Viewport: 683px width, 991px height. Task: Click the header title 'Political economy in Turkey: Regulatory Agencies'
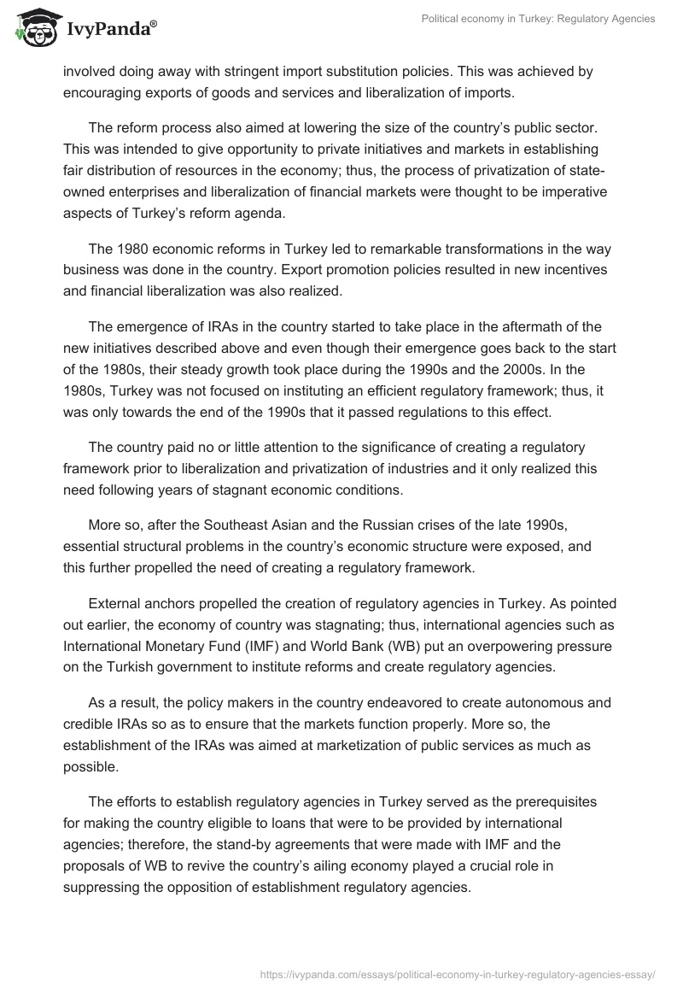tap(539, 19)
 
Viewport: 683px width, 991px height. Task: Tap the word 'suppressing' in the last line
tap(103, 886)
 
